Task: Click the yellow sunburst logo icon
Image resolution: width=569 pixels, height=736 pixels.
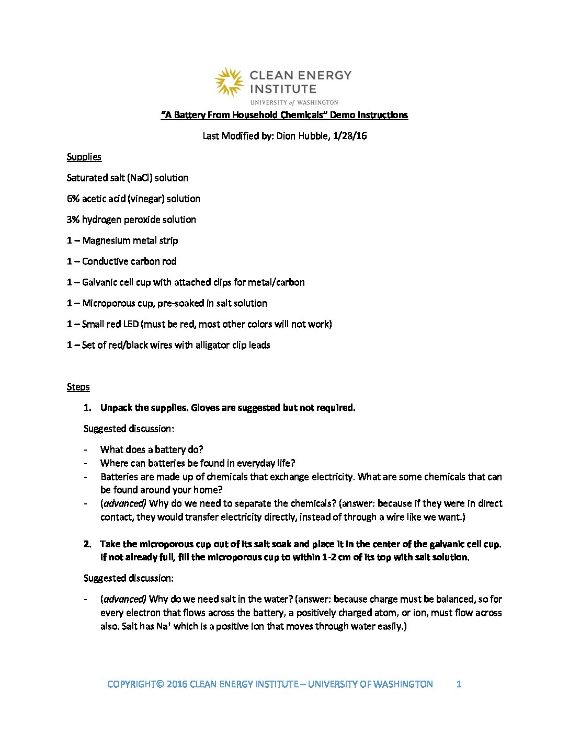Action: tap(229, 82)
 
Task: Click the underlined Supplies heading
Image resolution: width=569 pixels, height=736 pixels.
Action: tap(84, 157)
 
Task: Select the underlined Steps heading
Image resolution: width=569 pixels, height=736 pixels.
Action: tap(78, 387)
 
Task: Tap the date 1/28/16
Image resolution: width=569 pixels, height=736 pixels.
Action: tap(350, 136)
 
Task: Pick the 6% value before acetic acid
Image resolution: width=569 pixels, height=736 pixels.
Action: tap(73, 199)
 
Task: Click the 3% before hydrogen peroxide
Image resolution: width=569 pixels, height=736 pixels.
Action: tap(73, 220)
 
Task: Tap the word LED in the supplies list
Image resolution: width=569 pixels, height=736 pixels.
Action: tap(131, 324)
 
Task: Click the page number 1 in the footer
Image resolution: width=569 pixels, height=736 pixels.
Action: tap(459, 684)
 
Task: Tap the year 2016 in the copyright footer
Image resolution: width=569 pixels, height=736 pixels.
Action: tap(177, 684)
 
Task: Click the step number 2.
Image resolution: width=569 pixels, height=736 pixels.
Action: tap(87, 544)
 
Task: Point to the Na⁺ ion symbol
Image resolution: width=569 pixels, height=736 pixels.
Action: tap(163, 626)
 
